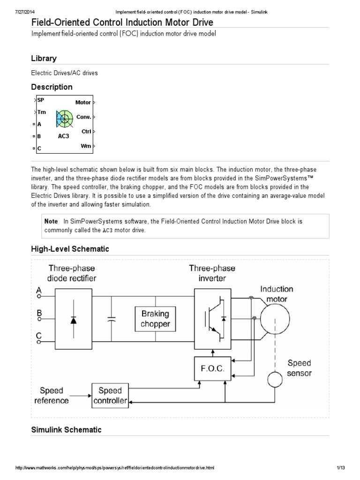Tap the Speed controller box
click(x=110, y=395)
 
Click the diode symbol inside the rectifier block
click(x=74, y=320)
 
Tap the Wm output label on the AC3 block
click(x=86, y=146)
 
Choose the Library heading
click(x=44, y=59)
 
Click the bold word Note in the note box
click(x=51, y=221)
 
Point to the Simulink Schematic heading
click(x=66, y=429)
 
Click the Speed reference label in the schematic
click(x=54, y=395)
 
